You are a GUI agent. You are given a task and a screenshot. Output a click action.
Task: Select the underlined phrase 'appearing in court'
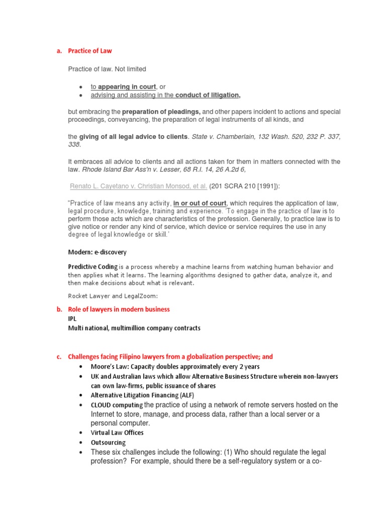pyautogui.click(x=127, y=87)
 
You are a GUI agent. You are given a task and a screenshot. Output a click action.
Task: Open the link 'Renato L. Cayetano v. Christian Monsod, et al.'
pyautogui.click(x=139, y=186)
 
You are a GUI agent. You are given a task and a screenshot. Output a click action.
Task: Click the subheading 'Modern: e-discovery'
pyautogui.click(x=98, y=252)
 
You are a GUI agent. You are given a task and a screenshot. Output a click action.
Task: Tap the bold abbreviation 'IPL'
pyautogui.click(x=73, y=319)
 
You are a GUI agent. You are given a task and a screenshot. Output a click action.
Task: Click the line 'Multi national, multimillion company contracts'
pyautogui.click(x=134, y=328)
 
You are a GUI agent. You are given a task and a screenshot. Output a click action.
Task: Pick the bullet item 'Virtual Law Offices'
pyautogui.click(x=117, y=433)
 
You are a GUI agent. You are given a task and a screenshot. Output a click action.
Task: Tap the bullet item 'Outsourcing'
pyautogui.click(x=108, y=443)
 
